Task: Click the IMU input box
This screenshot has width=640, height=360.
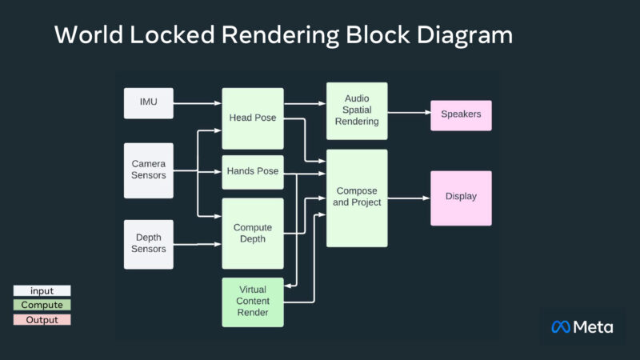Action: point(148,102)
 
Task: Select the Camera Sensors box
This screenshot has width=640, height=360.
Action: point(148,170)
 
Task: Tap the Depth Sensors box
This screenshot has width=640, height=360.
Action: point(148,244)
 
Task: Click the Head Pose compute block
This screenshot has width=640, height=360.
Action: point(253,118)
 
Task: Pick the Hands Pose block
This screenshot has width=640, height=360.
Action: point(253,171)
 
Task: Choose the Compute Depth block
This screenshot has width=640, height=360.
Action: point(253,234)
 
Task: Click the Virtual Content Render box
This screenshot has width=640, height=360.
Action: point(253,301)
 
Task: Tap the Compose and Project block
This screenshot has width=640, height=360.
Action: point(356,197)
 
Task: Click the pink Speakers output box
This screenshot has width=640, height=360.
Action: point(461,114)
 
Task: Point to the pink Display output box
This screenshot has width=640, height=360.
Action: point(461,197)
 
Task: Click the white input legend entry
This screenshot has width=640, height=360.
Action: point(42,291)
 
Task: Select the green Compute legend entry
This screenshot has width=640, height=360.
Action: point(42,305)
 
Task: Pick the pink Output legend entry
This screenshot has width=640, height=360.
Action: point(42,319)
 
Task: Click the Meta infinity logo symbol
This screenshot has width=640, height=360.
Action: point(561,326)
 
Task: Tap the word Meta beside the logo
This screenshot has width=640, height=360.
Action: point(594,326)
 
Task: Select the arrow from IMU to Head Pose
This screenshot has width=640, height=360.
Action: point(197,102)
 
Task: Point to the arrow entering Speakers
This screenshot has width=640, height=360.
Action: point(409,113)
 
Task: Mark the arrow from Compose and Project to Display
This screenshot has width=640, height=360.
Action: point(409,197)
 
